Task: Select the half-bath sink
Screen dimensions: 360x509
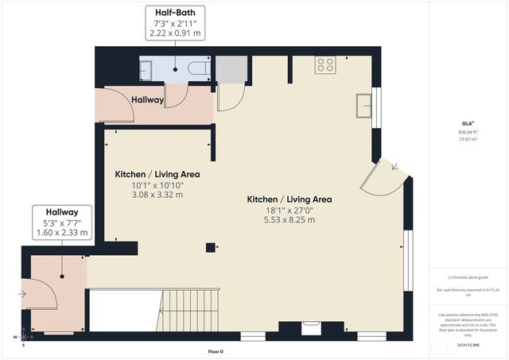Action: pos(145,70)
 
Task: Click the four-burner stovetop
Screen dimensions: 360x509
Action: pos(324,65)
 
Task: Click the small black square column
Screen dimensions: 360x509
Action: pos(210,246)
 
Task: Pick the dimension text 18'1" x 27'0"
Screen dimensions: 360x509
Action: pos(289,210)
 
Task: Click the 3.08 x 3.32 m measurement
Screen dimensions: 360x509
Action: pos(157,195)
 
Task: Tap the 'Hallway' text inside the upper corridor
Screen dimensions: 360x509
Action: pos(148,100)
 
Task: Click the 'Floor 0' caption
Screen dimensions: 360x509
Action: pos(216,350)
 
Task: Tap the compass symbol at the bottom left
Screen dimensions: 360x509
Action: pos(22,336)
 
